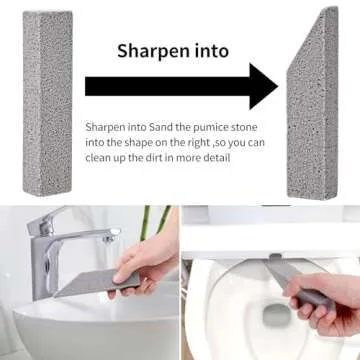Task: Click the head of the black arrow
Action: click(262, 86)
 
